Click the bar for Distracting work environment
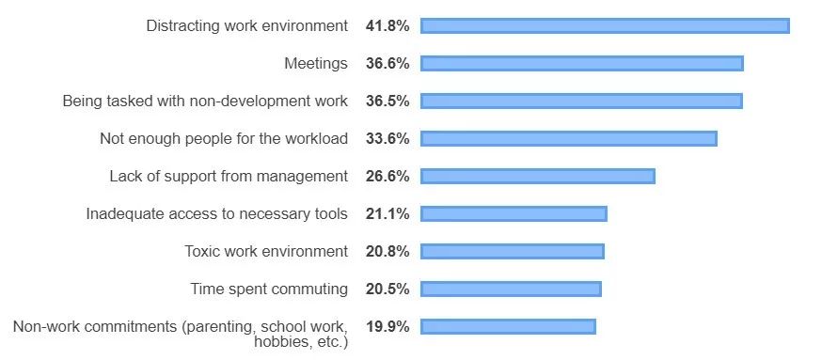605,25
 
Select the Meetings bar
582,63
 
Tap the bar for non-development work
581,102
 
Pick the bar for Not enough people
569,139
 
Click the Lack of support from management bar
538,177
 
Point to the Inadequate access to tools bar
514,213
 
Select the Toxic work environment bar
513,252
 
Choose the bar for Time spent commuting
511,290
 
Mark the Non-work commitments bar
508,327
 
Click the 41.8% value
387,25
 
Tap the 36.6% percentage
387,63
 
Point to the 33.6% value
387,139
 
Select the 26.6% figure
387,177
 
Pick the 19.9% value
387,327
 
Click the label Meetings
316,64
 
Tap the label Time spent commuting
269,290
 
